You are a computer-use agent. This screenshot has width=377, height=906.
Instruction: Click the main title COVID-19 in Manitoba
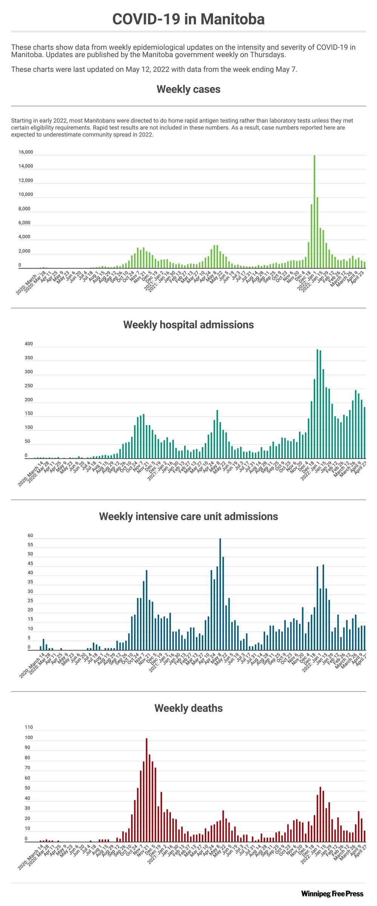[188, 19]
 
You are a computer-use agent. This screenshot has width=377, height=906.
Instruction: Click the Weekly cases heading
[188, 89]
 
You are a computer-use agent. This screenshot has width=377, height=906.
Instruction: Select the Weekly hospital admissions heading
[188, 325]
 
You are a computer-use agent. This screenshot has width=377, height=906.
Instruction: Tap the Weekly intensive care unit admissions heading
[188, 516]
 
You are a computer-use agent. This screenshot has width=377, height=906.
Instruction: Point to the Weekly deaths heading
[188, 708]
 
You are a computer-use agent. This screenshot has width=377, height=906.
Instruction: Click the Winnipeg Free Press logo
[332, 894]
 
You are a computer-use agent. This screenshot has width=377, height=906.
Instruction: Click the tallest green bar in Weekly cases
[314, 211]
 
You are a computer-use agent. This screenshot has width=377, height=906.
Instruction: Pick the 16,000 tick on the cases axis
[26, 152]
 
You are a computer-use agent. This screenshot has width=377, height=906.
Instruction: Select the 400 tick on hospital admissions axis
[29, 344]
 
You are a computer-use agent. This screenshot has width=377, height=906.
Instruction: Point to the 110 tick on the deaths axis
[29, 727]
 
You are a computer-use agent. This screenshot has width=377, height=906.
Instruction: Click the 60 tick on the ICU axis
[30, 536]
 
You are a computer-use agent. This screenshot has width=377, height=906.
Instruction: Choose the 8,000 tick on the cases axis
[26, 209]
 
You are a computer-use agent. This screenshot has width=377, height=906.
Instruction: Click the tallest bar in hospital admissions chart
[317, 403]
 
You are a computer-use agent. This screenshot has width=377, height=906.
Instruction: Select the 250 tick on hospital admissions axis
[29, 386]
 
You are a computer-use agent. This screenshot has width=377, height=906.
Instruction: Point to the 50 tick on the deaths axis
[28, 788]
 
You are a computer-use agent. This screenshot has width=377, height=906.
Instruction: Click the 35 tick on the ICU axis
[30, 582]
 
